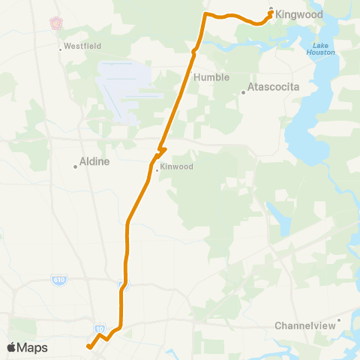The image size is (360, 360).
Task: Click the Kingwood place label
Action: pos(300,14)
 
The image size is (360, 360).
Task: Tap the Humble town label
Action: pos(211,77)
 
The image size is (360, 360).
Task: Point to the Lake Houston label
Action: pos(320,48)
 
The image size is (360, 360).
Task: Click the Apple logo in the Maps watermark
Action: pos(11,347)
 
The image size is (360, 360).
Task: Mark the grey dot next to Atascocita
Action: pos(243,93)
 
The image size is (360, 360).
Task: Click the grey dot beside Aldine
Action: pos(76,166)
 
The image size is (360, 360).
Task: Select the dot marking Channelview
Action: pos(339,320)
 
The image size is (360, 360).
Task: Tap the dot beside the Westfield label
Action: pos(61,50)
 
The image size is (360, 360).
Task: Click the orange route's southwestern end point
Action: pos(88,346)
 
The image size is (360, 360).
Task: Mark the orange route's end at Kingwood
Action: pos(270,11)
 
